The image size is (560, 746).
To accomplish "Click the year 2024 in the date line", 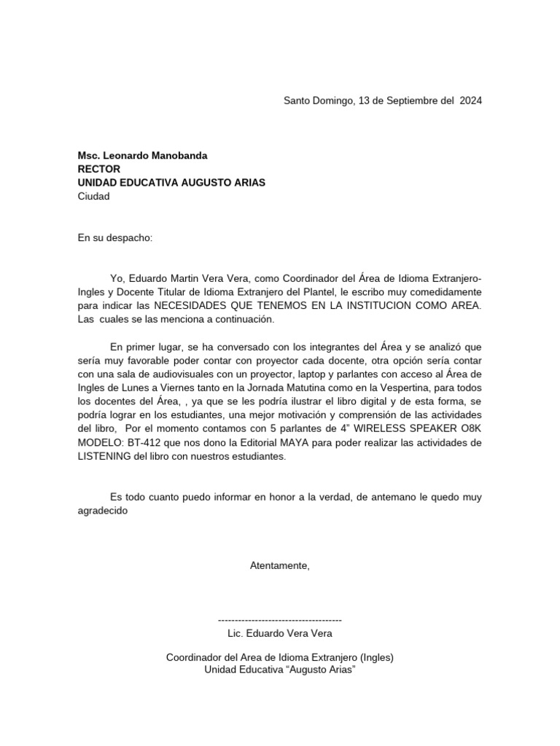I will pyautogui.click(x=470, y=101).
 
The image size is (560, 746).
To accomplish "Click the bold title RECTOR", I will pyautogui.click(x=99, y=169).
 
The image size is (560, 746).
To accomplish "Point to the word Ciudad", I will pyautogui.click(x=94, y=196).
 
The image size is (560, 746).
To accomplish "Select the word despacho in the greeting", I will pyautogui.click(x=132, y=237).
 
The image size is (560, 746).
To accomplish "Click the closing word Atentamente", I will pyautogui.click(x=280, y=565).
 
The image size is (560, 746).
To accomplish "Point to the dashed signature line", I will pyautogui.click(x=280, y=620).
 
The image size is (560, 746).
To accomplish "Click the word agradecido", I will pyautogui.click(x=103, y=511).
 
